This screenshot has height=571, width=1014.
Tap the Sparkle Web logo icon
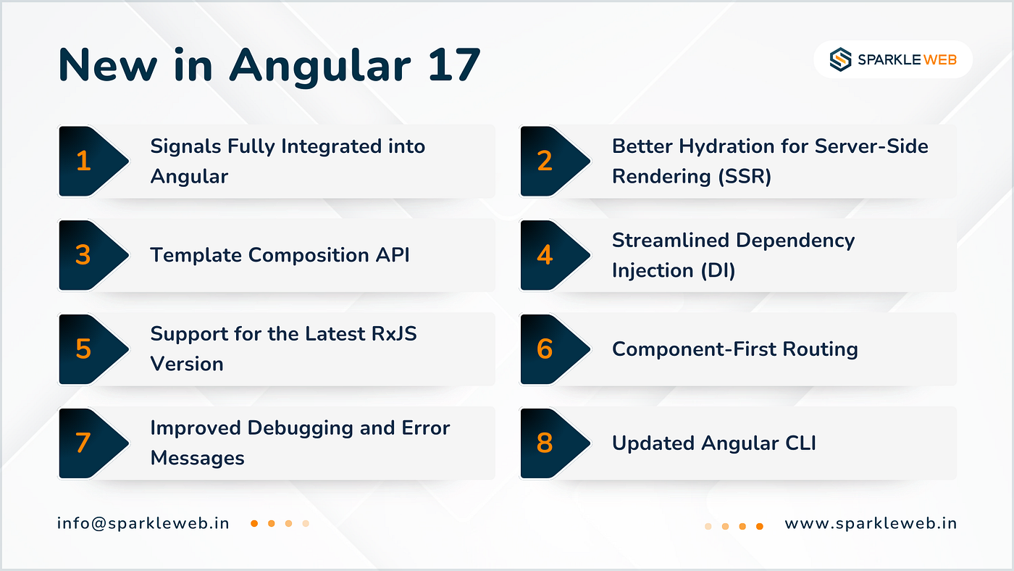[841, 59]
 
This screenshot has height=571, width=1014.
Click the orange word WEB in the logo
[940, 59]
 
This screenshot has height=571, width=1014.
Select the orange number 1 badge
[83, 161]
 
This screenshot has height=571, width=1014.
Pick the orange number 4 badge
[545, 255]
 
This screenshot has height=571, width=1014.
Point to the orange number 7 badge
[83, 443]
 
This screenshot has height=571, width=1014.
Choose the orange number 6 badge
[545, 349]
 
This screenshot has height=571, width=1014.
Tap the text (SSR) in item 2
[745, 177]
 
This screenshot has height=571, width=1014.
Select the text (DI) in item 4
[718, 271]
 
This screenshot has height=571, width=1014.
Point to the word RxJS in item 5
[394, 334]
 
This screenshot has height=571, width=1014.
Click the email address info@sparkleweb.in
[143, 523]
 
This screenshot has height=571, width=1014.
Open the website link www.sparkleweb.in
[871, 523]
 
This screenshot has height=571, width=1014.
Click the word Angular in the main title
[320, 66]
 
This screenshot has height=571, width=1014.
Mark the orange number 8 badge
[545, 443]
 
